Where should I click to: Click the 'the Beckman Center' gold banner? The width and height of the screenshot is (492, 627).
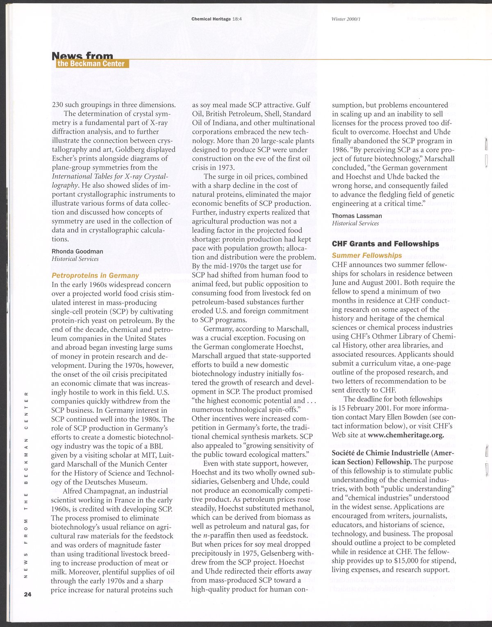pos(91,64)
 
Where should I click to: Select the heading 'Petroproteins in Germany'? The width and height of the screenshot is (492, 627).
pos(95,276)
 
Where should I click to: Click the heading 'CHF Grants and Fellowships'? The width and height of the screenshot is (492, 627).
pos(385,244)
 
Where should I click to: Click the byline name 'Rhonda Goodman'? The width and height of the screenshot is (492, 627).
pos(77,251)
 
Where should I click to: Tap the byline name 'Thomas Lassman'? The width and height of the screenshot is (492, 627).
pos(357,216)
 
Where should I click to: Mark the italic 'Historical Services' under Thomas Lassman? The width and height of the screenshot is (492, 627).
pos(355,223)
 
